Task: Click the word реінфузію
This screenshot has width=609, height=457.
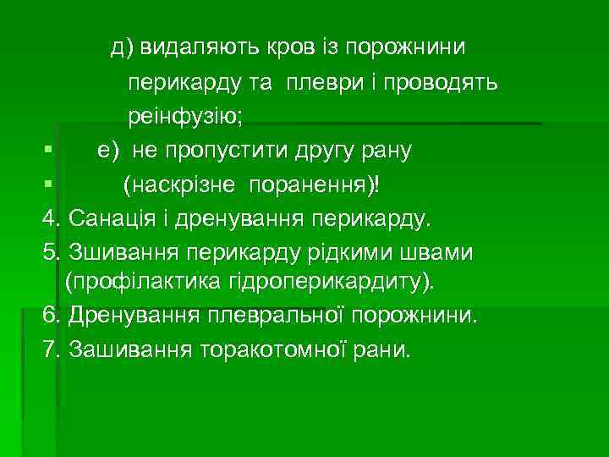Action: [185, 117]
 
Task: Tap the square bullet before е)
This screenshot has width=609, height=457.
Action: [48, 151]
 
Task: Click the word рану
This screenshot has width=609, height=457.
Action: [382, 151]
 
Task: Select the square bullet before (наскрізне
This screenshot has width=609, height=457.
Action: [48, 184]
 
